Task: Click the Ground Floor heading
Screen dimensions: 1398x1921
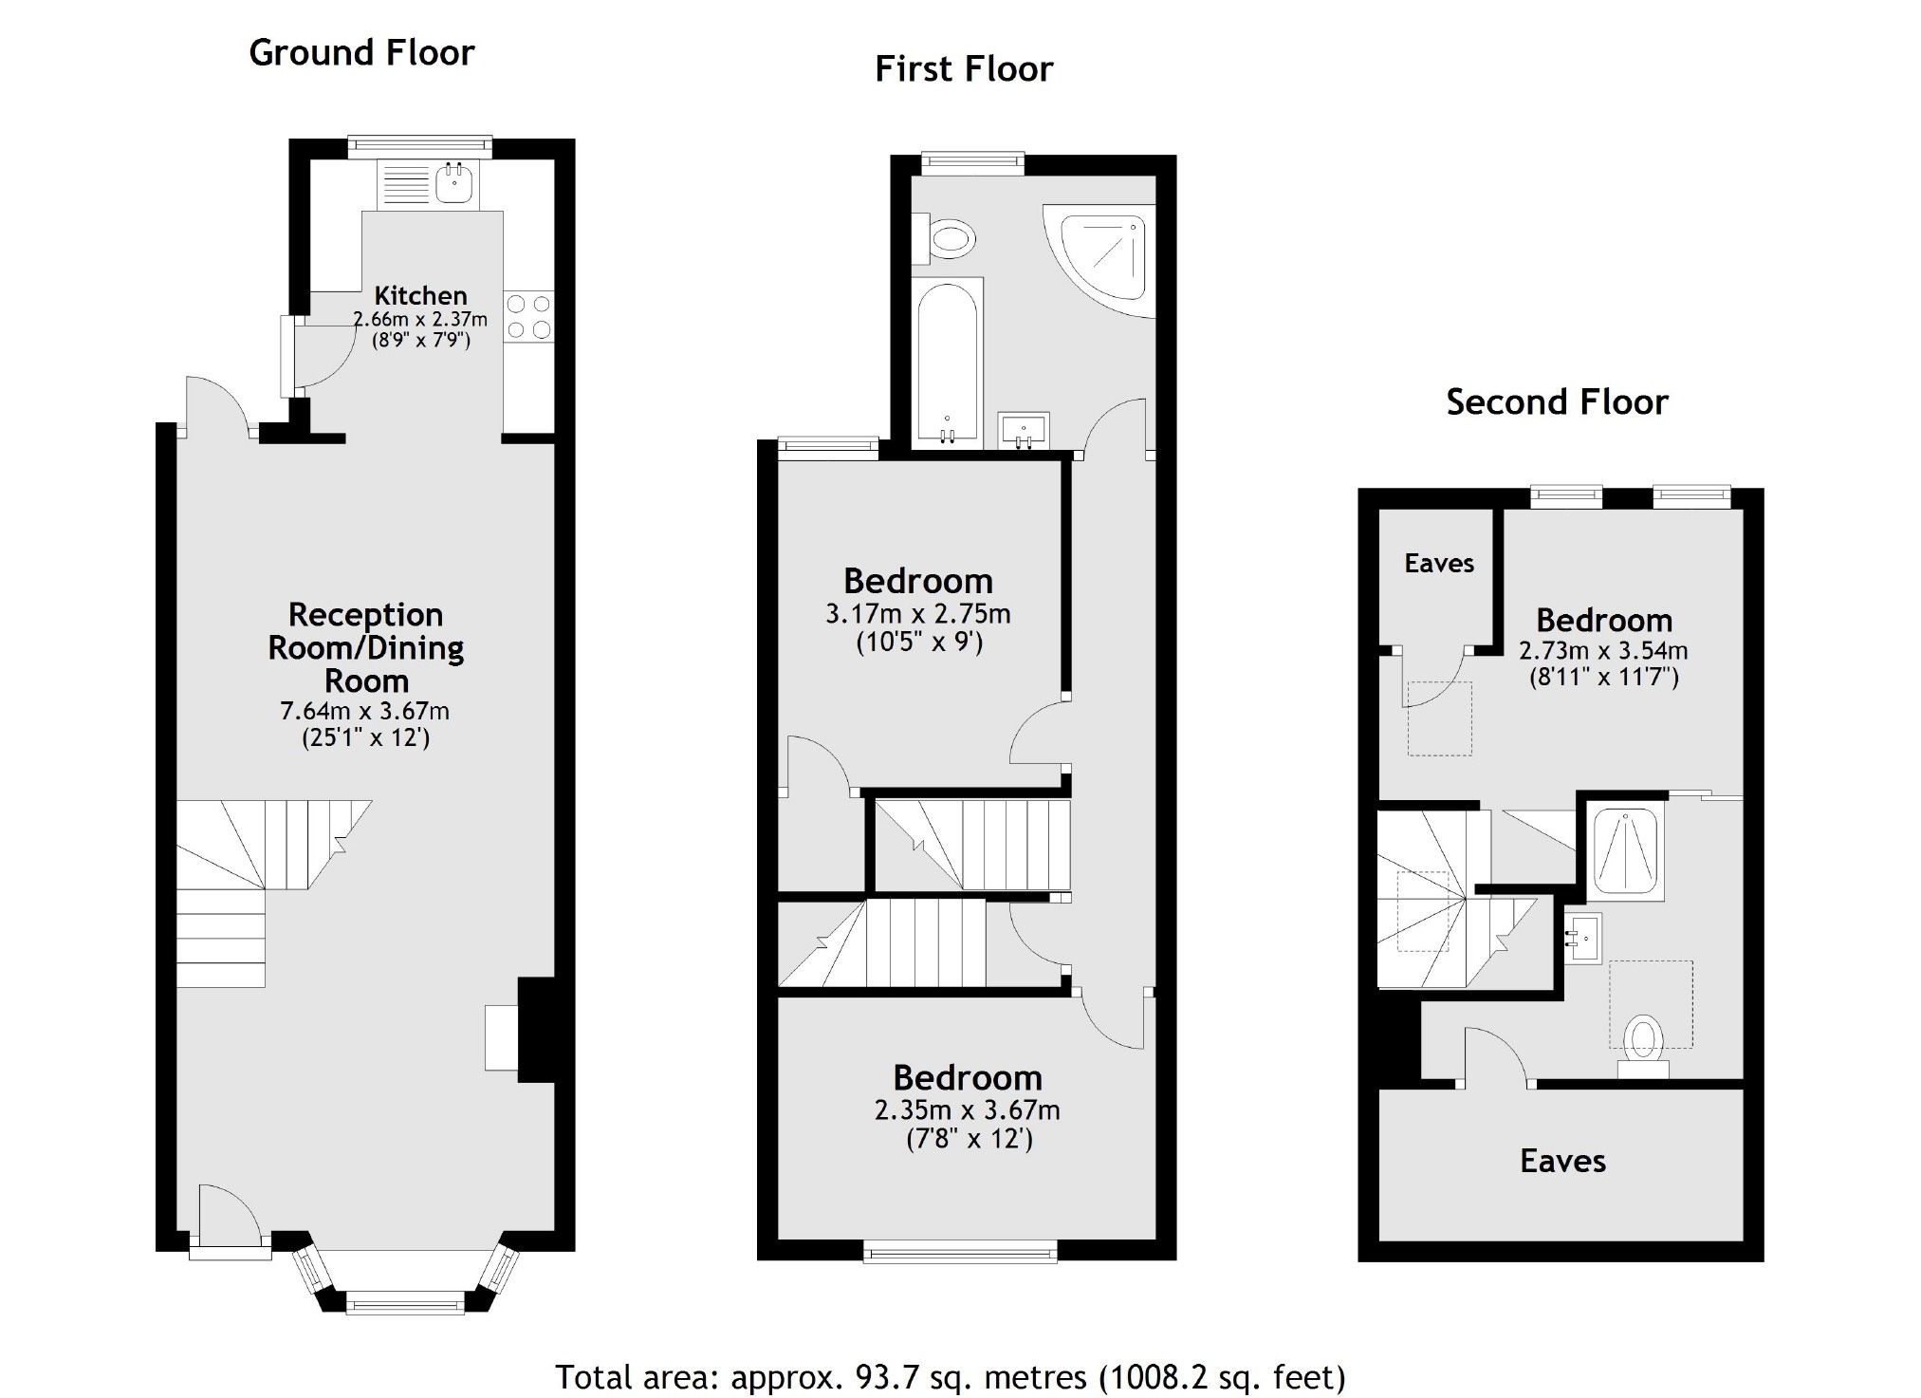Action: point(361,53)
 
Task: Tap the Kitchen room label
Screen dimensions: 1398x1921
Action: point(420,295)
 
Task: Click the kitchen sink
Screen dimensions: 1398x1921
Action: point(456,182)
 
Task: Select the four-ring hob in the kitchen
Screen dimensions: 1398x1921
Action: point(528,317)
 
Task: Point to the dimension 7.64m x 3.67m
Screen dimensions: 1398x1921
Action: point(365,711)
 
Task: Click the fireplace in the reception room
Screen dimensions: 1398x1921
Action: point(503,1038)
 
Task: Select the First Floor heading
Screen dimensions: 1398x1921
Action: point(963,69)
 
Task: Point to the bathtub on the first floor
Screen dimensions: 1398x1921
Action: point(947,361)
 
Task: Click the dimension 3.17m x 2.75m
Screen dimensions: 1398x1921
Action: point(917,614)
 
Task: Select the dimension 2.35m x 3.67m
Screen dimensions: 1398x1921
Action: point(967,1110)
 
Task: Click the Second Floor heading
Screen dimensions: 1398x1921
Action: point(1556,402)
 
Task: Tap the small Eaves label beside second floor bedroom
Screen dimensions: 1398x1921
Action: point(1438,564)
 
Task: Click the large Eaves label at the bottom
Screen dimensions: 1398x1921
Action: point(1562,1162)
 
